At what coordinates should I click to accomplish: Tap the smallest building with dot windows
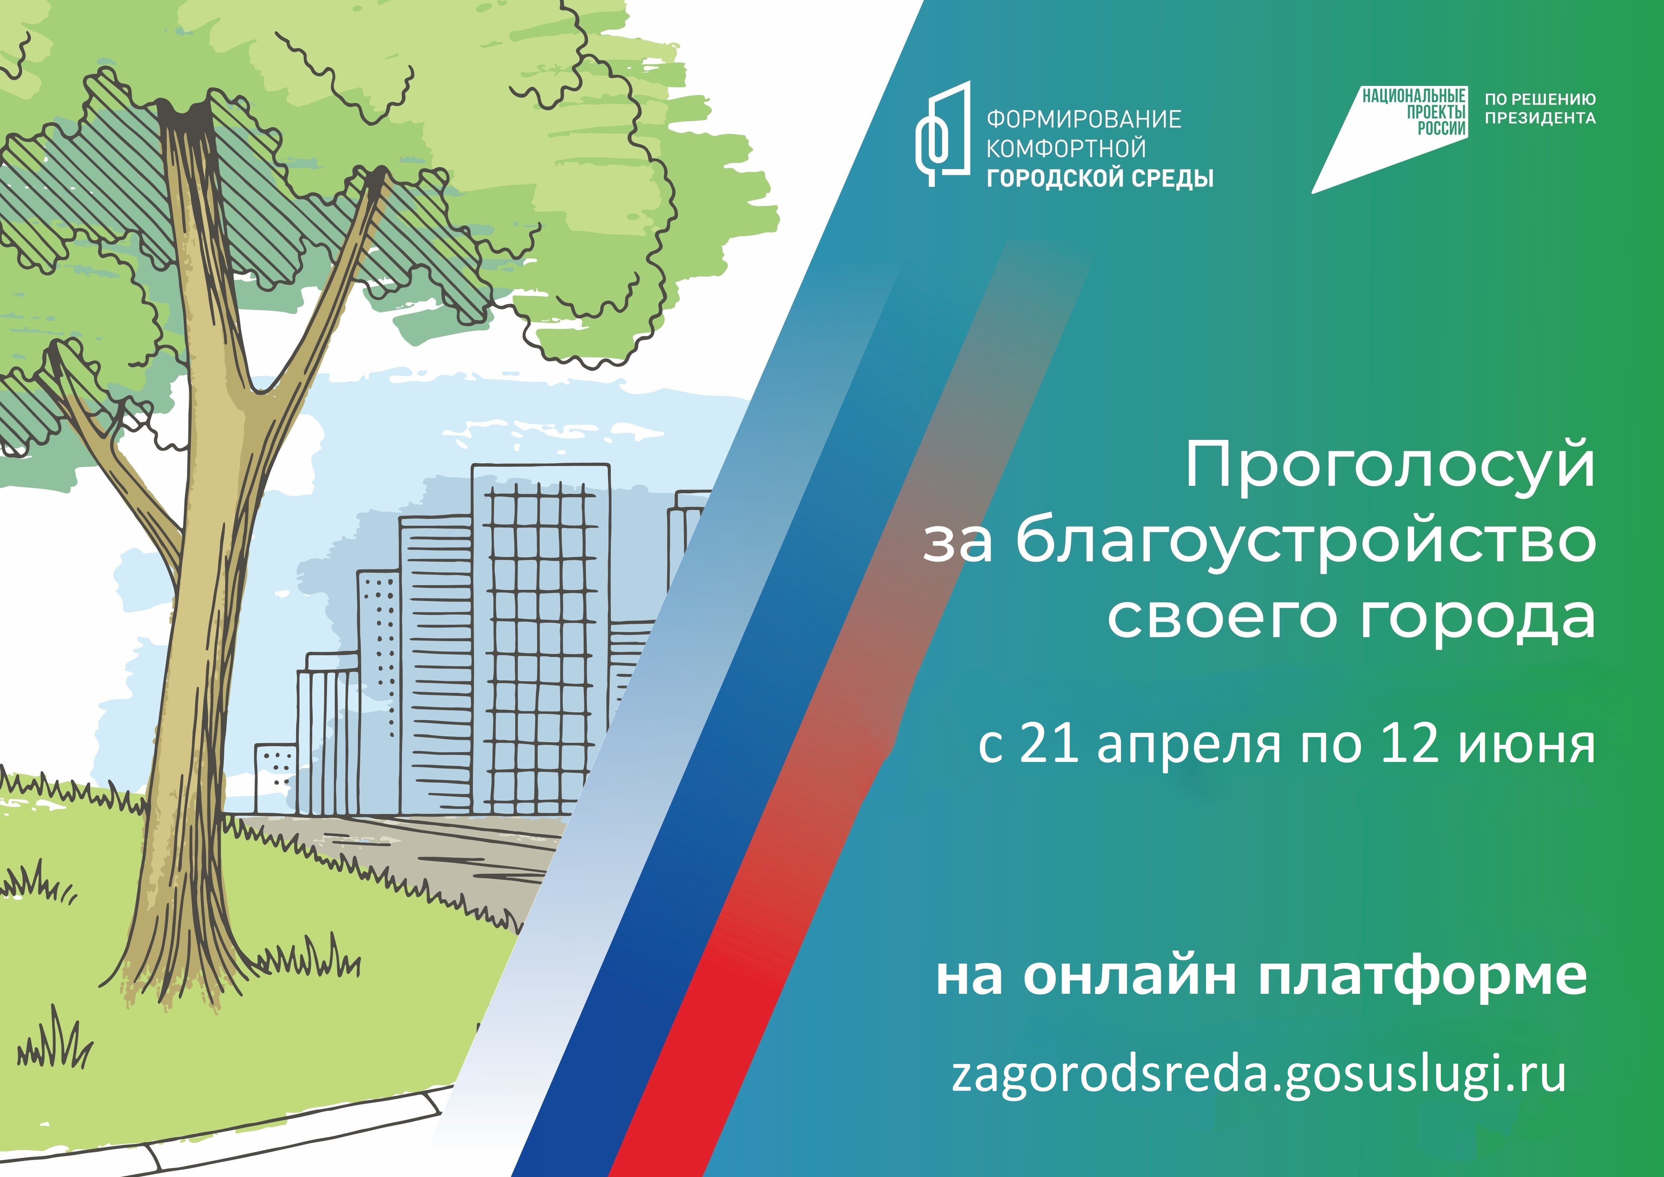click(x=275, y=778)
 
